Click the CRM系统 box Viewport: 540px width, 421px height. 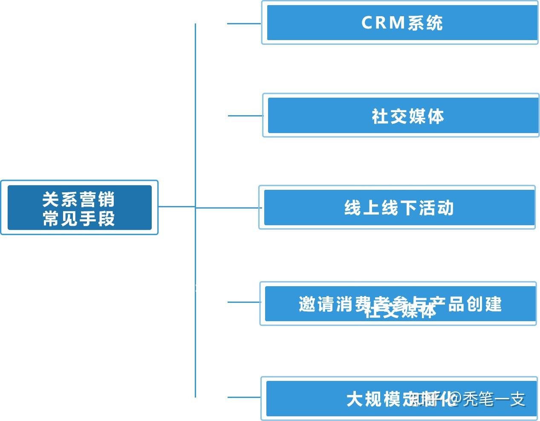tap(401, 23)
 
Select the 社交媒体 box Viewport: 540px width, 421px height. tap(401, 115)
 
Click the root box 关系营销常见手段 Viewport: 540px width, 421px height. tap(79, 207)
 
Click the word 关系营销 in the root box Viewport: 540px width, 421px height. tap(79, 199)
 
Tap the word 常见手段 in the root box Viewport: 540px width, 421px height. tap(79, 218)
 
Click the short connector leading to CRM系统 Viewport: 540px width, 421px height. tap(244, 23)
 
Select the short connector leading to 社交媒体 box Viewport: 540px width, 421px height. tap(245, 116)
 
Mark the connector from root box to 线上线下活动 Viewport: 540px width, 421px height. tap(209, 208)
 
